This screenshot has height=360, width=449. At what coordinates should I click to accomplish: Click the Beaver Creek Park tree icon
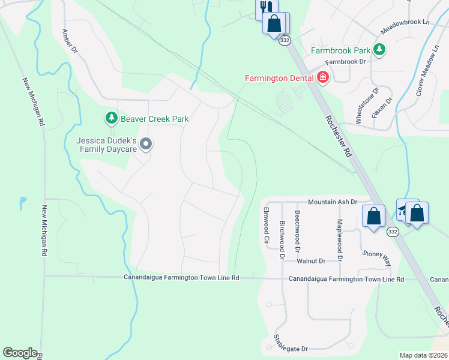point(111,119)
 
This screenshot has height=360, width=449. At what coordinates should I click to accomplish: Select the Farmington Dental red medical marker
point(323,78)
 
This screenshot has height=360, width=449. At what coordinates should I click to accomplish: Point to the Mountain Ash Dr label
point(333,203)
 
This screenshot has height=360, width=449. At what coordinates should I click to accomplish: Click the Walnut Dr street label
point(310,261)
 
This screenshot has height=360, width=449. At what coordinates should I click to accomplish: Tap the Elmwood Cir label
point(267,224)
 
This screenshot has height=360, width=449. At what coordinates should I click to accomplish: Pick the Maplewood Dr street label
point(340,239)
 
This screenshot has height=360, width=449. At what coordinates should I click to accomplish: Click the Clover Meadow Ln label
point(427,73)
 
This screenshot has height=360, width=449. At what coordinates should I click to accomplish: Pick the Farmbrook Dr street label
point(348,61)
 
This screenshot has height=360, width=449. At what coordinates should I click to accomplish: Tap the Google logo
point(20,353)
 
